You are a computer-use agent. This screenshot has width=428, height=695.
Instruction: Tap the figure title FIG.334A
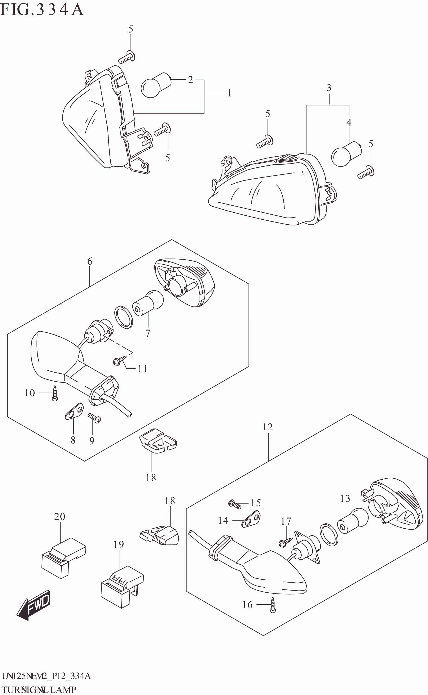coord(42,10)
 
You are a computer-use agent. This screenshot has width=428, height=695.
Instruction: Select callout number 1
coord(229,93)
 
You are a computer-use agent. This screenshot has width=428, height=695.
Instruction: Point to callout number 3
coord(329,88)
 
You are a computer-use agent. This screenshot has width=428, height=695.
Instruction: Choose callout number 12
coord(267,427)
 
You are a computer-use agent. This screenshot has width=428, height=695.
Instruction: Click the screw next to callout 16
coord(273,605)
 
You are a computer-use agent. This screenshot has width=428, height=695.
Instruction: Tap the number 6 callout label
coord(89,261)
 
